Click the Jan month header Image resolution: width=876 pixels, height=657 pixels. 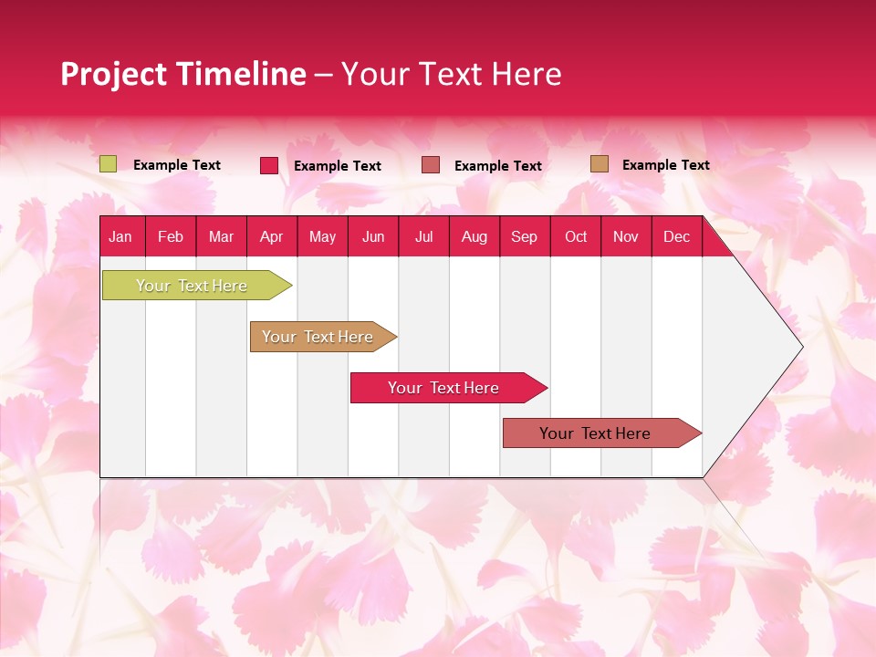[120, 236]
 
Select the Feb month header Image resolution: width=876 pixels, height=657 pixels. [171, 236]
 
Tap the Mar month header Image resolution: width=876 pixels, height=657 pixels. [221, 236]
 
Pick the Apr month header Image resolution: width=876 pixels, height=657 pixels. [272, 236]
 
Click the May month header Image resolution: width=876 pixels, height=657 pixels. [322, 236]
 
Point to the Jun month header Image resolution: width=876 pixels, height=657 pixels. [373, 236]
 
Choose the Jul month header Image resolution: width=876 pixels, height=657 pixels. [423, 236]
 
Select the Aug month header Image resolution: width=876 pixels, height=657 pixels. [474, 236]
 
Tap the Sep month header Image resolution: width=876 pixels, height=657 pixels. [525, 236]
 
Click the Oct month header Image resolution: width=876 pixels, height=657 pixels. [576, 236]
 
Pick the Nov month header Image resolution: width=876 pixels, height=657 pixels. [626, 236]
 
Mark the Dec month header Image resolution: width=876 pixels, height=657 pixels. [677, 236]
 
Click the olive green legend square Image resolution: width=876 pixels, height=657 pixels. [108, 164]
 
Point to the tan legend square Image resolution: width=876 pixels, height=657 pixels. [599, 164]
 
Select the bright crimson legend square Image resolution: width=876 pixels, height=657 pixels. [269, 165]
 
